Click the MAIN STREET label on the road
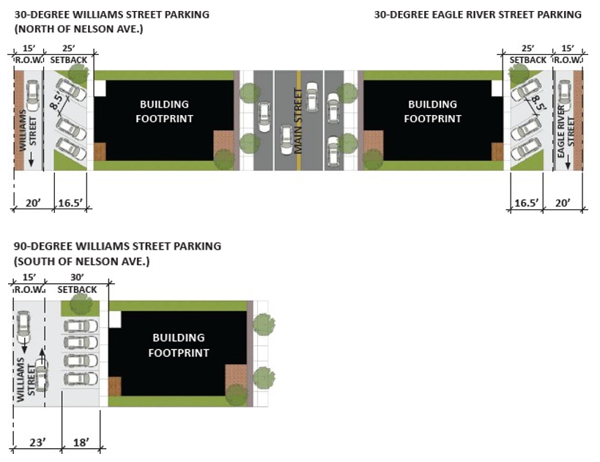(x=298, y=121)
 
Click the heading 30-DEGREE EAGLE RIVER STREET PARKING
(x=478, y=15)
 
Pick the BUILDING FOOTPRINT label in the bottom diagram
(x=179, y=345)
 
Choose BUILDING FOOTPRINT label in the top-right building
(x=432, y=111)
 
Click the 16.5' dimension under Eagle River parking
(x=525, y=202)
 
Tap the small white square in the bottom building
(x=115, y=319)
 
